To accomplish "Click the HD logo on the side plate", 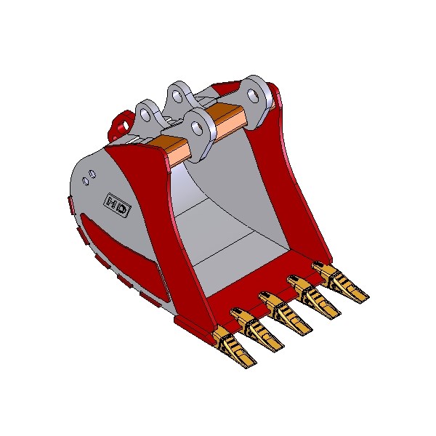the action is point(117,205).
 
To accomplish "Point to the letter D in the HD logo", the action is point(123,209).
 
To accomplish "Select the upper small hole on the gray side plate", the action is point(92,174).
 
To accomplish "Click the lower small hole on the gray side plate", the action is point(86,182).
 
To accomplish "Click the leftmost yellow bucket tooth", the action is point(234,347).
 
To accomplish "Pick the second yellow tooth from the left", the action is point(257,329).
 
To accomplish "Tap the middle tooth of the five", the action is point(286,313).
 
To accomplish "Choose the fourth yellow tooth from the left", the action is point(314,297).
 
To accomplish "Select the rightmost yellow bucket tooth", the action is point(340,282).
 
